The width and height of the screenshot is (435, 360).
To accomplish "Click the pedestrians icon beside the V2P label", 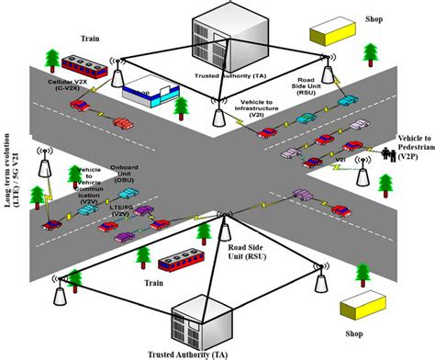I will [x=383, y=152].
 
